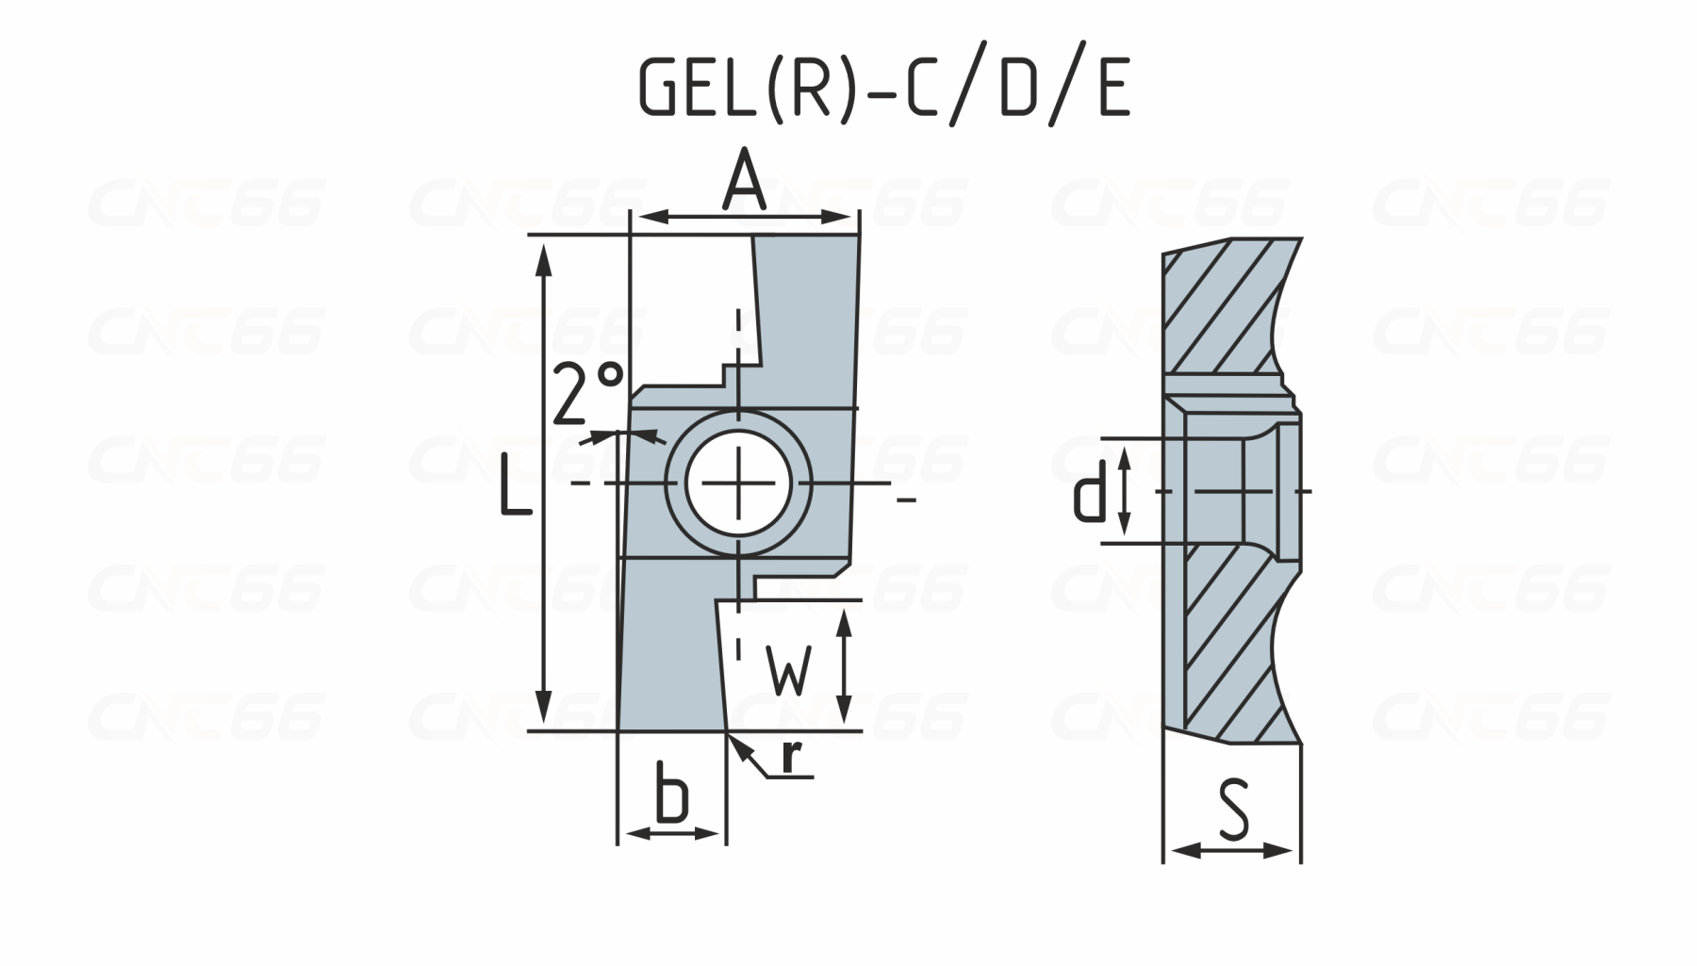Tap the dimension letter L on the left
[x=514, y=483]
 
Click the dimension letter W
[x=787, y=670]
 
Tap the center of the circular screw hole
[x=739, y=483]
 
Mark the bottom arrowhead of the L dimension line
[x=543, y=712]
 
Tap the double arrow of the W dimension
[x=845, y=665]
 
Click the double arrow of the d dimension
[x=1124, y=491]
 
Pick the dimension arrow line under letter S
[x=1232, y=851]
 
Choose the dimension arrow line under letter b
[x=672, y=833]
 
